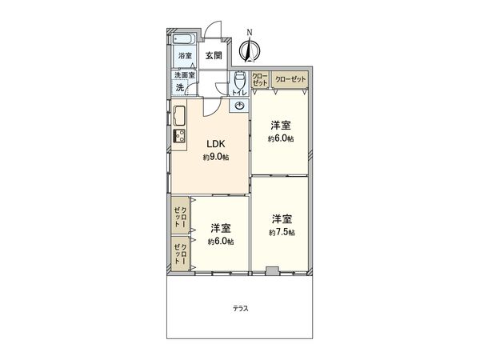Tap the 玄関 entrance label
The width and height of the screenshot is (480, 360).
pos(213,56)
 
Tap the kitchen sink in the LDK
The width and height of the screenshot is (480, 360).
pos(179,113)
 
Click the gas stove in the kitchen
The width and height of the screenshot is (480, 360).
pos(179,136)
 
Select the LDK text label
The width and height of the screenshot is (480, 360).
pos(215,144)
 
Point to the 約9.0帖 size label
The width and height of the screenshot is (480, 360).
pos(215,157)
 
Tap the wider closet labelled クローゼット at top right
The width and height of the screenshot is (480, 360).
pos(289,79)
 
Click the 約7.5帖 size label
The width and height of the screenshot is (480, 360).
pos(282,232)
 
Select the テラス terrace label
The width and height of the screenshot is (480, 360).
pos(240,308)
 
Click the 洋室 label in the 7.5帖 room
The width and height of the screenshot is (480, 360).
pos(281,218)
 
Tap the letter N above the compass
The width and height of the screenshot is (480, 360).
pos(250,32)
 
